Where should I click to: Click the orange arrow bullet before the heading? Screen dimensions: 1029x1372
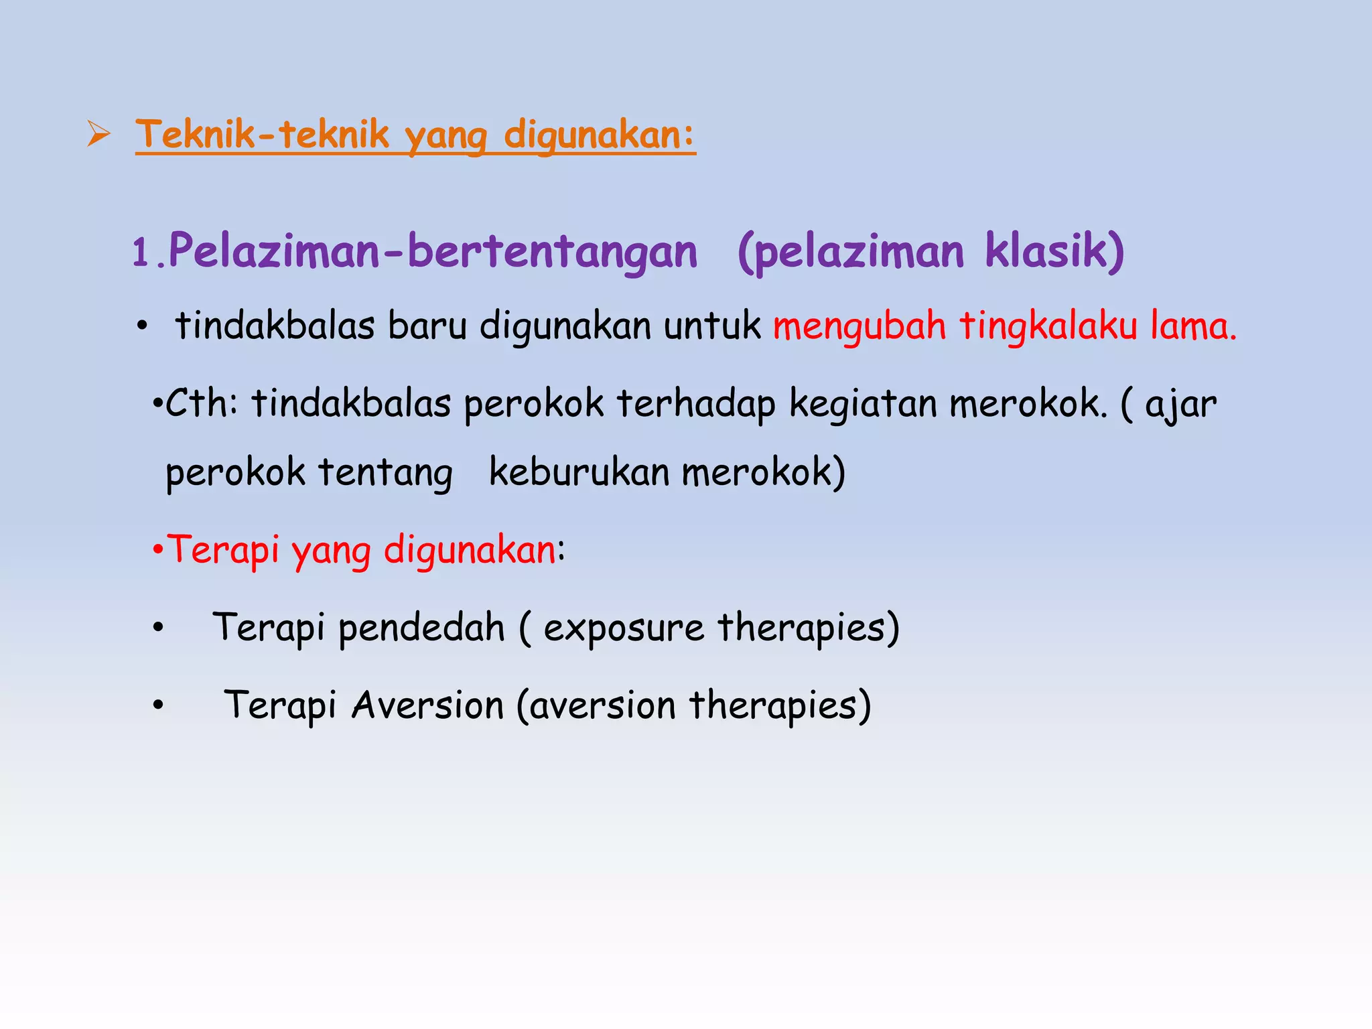pos(98,134)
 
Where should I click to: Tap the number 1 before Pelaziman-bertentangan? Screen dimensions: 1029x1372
pos(141,253)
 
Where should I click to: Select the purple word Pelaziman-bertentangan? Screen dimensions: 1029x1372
pos(433,251)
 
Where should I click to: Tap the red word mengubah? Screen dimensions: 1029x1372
pos(860,326)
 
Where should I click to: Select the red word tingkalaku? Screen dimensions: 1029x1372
pos(1048,326)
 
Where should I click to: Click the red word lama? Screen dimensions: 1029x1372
pos(1192,326)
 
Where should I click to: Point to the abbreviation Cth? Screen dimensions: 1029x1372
pos(201,403)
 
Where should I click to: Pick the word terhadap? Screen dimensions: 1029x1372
pos(695,403)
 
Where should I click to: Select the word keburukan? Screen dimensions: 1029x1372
pos(579,472)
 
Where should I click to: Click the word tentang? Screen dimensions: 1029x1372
pos(385,473)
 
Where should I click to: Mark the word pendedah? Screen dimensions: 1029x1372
pos(421,628)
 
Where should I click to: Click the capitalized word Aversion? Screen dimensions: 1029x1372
pos(427,705)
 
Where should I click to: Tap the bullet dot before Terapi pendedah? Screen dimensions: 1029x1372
pos(158,628)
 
